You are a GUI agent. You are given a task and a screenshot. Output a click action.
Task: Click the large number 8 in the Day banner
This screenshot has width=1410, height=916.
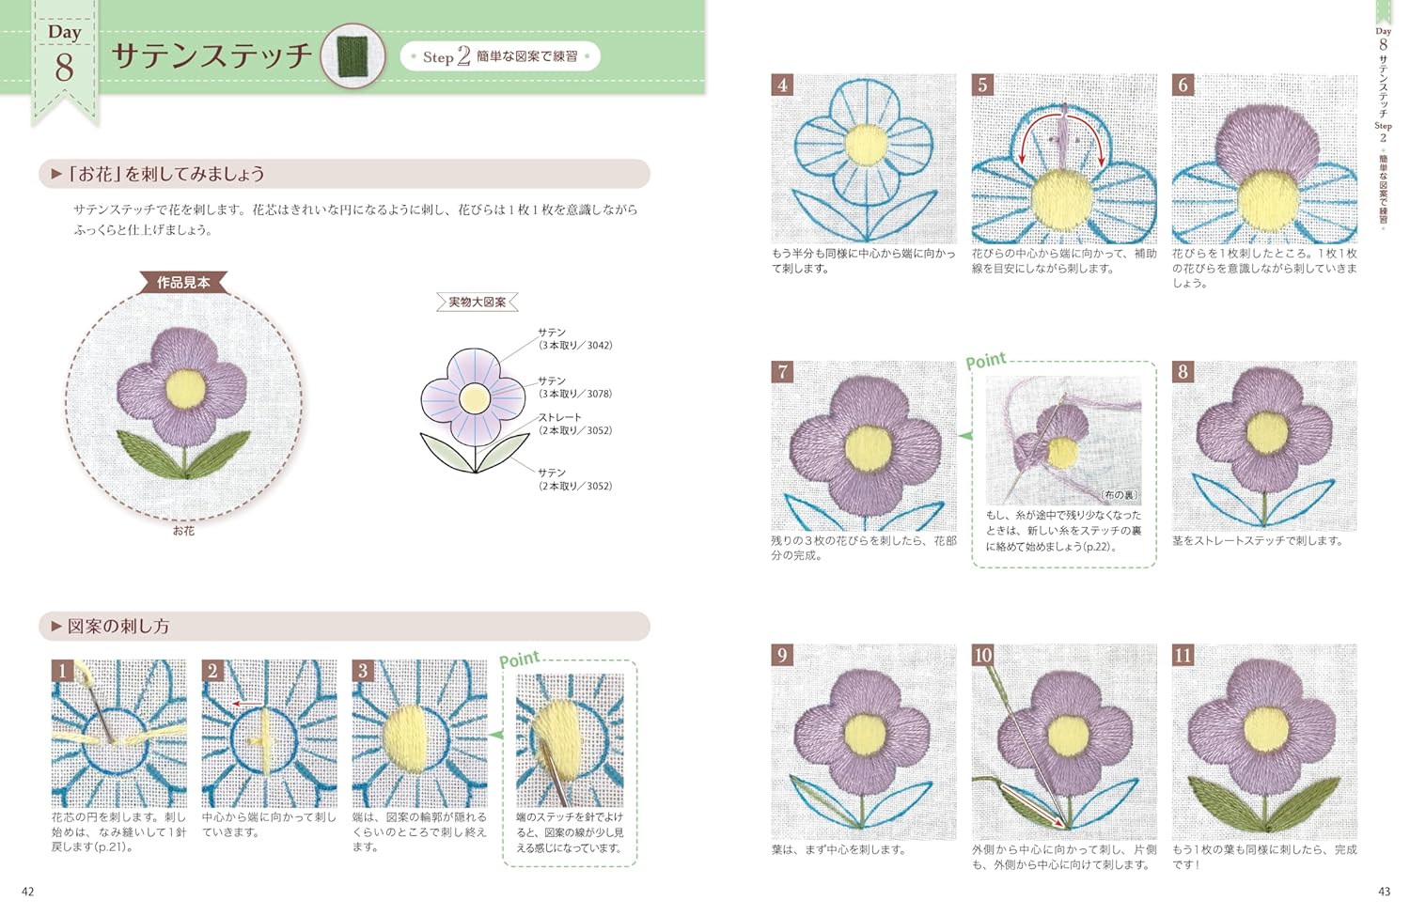point(64,68)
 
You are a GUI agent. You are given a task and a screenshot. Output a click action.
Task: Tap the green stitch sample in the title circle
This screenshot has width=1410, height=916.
point(352,55)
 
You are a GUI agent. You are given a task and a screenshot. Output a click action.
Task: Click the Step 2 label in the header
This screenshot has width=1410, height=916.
point(446,56)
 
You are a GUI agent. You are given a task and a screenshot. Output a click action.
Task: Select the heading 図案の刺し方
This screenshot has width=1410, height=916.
point(118,626)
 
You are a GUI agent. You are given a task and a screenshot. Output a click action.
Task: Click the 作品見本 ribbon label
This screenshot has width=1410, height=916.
point(183,283)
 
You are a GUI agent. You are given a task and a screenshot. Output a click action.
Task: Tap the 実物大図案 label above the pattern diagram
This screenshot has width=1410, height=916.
point(478,302)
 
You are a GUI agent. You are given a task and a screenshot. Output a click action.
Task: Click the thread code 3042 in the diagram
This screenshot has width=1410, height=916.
point(600,346)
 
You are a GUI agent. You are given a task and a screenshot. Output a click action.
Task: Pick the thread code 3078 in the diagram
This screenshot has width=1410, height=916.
point(600,394)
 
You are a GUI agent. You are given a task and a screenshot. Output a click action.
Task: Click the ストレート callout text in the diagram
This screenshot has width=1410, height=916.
point(559,417)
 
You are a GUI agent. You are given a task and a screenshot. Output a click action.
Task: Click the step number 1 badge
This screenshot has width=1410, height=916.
point(62,671)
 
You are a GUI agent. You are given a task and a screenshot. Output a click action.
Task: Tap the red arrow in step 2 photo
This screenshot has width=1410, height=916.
point(247,704)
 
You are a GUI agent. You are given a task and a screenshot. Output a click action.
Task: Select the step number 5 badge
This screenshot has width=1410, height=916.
point(982,85)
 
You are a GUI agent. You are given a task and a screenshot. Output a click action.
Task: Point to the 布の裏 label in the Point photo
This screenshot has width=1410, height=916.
point(1120,495)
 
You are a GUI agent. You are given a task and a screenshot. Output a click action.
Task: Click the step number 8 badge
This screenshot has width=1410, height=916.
point(1183,372)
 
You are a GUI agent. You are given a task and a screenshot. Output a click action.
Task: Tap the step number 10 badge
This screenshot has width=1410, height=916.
point(982,656)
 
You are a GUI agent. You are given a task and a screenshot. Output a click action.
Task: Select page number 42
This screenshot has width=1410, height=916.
point(27,892)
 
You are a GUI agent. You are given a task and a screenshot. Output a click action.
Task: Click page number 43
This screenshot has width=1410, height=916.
point(1385,892)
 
